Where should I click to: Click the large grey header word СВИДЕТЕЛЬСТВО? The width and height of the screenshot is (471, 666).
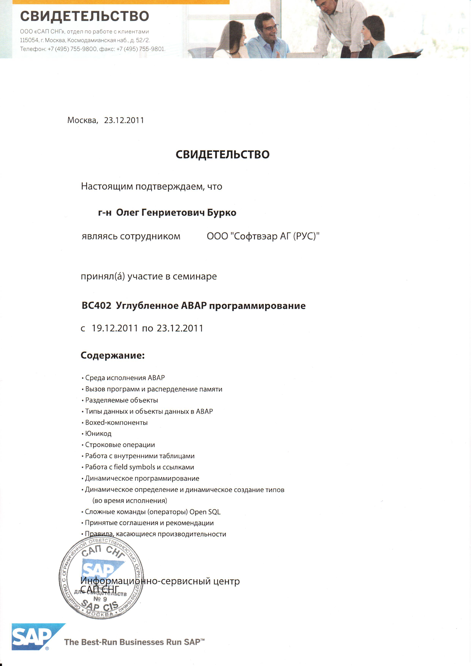[x=84, y=16]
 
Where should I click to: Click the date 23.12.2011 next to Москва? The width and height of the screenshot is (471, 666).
[x=124, y=120]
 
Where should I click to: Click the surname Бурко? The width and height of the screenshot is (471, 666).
[x=222, y=213]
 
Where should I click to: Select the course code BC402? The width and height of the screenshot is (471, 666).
[x=96, y=306]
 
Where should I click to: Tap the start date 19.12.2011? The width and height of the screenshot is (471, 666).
[x=115, y=328]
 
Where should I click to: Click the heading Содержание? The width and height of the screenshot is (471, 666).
[x=113, y=355]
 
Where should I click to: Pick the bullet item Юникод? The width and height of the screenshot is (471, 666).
[x=98, y=434]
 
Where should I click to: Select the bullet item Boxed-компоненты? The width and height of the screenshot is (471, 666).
[x=116, y=423]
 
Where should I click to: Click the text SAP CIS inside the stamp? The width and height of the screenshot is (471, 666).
[x=100, y=606]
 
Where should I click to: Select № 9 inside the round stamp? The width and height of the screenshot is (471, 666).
[x=100, y=599]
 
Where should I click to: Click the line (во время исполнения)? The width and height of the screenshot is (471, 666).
[x=130, y=501]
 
